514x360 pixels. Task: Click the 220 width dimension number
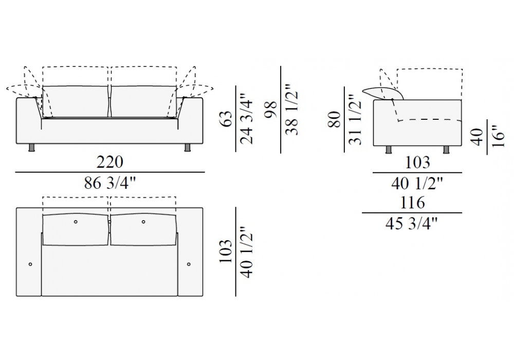point(110,162)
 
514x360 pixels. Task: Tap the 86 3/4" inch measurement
point(110,183)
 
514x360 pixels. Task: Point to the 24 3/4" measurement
point(247,119)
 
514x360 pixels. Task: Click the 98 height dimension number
point(271,109)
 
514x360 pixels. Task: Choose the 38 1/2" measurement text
point(292,109)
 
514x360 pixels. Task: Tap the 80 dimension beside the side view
point(335,119)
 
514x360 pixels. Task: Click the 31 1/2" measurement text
point(355,119)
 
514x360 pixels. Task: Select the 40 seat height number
point(478,137)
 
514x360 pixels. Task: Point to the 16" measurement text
point(498,136)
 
